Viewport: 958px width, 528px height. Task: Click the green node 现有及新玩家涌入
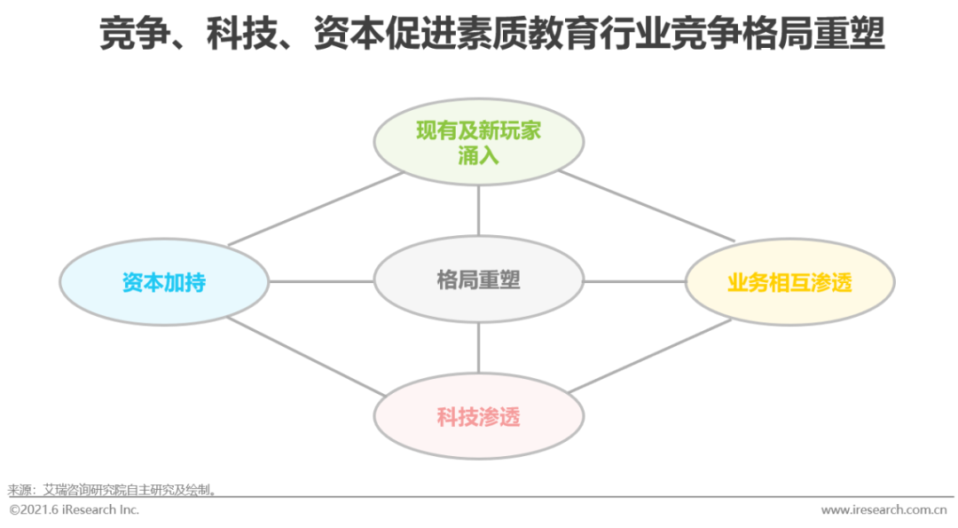[x=478, y=142]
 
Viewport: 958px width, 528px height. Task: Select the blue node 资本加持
[x=164, y=281]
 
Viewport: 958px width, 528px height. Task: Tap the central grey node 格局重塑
[x=478, y=280]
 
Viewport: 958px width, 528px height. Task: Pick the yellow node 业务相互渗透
[x=790, y=281]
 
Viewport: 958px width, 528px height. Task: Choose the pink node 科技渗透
[x=478, y=416]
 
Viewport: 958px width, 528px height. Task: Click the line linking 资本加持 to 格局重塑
[x=321, y=281]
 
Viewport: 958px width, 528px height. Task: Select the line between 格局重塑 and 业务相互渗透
[x=635, y=281]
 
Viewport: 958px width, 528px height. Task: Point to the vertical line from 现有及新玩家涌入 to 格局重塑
[x=478, y=211]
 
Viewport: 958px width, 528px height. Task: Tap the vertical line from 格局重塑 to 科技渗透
[x=478, y=348]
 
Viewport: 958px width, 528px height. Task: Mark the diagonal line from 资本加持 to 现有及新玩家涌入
[x=316, y=209]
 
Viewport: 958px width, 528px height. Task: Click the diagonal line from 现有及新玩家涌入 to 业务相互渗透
[x=647, y=206]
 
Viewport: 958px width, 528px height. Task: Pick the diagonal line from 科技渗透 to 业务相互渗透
[x=649, y=356]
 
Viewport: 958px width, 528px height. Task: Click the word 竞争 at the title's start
[x=135, y=34]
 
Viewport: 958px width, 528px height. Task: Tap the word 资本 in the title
[x=349, y=34]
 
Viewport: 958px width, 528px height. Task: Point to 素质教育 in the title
[x=527, y=34]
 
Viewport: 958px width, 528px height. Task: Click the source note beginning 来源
[x=112, y=490]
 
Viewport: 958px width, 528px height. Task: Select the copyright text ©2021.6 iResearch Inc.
[x=74, y=509]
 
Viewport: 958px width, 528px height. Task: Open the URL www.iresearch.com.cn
[x=883, y=509]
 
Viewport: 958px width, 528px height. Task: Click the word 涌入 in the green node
[x=478, y=155]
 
